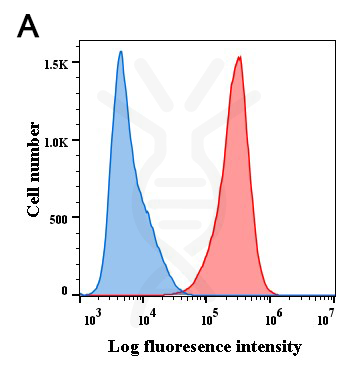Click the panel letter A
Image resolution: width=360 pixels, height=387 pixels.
click(29, 26)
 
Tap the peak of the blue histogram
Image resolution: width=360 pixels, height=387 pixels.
click(121, 52)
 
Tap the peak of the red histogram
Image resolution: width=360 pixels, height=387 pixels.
click(239, 57)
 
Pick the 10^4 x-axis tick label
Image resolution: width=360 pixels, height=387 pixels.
click(148, 318)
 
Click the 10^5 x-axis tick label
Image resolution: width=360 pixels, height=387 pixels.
click(210, 318)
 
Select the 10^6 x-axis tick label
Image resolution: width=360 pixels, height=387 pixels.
click(272, 318)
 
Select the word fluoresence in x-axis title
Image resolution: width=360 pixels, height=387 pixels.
click(189, 347)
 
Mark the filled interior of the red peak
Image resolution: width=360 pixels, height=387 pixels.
click(238, 200)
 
